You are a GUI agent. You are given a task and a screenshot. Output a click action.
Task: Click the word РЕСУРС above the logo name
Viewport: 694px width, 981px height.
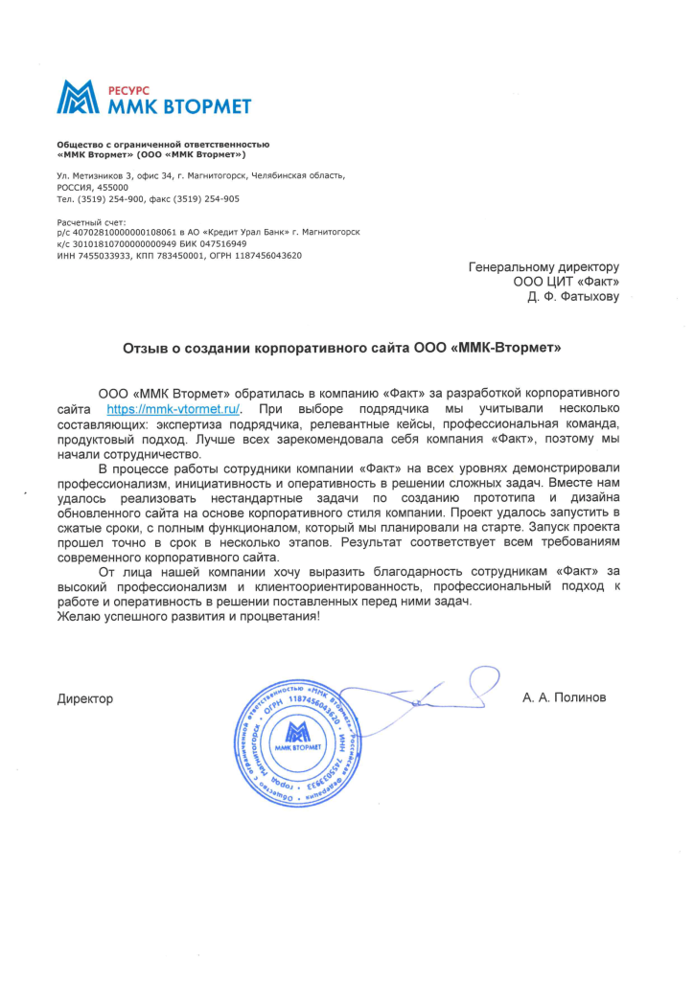pyautogui.click(x=120, y=87)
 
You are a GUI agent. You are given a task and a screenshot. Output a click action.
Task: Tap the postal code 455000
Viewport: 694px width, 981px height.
pyautogui.click(x=112, y=188)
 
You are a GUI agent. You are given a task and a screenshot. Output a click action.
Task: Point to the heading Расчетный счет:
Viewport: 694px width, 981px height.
pyautogui.click(x=90, y=222)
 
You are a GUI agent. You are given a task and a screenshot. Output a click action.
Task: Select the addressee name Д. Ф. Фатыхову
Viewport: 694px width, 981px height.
pyautogui.click(x=573, y=297)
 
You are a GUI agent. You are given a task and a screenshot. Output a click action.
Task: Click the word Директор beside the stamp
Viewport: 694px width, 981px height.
pyautogui.click(x=85, y=698)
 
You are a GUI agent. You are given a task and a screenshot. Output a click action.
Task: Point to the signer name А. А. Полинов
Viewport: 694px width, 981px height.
pyautogui.click(x=565, y=698)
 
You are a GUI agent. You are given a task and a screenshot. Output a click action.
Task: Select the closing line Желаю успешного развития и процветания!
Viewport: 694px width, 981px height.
pyautogui.click(x=187, y=616)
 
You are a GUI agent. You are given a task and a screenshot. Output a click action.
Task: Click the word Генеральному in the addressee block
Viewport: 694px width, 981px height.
pyautogui.click(x=519, y=267)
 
